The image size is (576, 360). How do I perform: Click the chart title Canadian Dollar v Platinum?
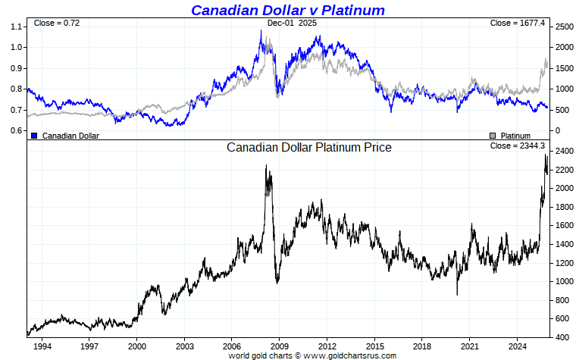coord(287,10)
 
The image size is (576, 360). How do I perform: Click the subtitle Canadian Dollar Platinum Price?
coord(309,147)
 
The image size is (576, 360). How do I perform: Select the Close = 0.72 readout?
coord(57,23)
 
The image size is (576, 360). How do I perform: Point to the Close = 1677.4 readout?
coord(518,23)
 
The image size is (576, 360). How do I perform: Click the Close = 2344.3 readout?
coord(518,146)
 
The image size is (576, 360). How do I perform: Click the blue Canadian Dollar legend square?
coord(34,136)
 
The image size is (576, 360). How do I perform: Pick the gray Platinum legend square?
coord(493,136)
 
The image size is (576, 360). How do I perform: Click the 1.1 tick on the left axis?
coord(17,27)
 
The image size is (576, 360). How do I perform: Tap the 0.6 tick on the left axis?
coord(17,130)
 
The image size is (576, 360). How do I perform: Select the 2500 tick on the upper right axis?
coord(563,27)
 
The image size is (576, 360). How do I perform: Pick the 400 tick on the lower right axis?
coord(561,337)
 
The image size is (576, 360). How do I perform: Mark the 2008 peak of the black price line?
coord(266,166)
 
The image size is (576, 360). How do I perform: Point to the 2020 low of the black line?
coord(457,294)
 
